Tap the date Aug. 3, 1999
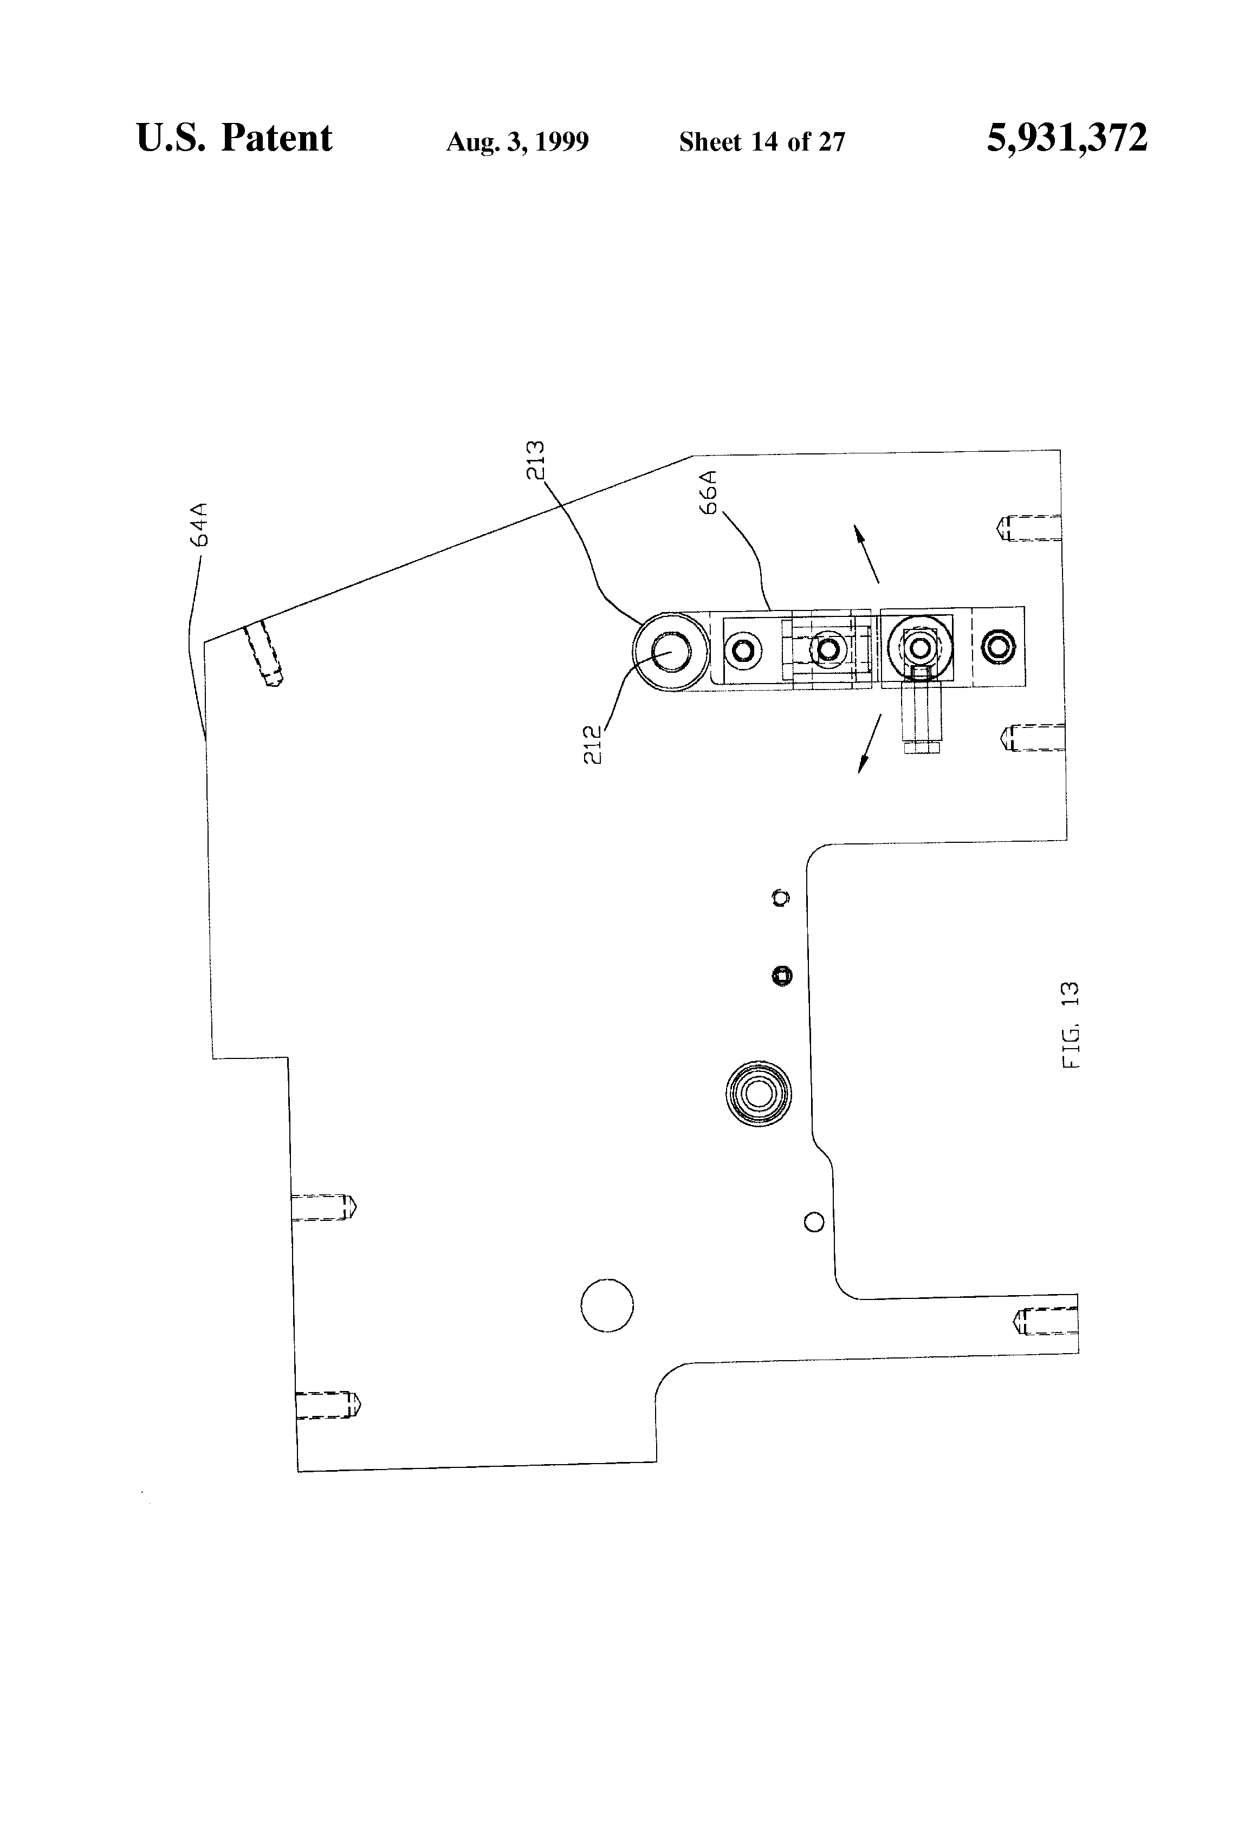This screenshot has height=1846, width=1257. coord(517,142)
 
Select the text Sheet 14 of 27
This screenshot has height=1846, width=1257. coord(761,142)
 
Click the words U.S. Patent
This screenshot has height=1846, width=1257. coord(235,138)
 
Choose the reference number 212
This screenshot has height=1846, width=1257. coord(593,744)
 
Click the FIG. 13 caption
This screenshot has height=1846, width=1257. coord(1071,1025)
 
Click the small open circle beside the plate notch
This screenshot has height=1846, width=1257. coord(814,1221)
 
